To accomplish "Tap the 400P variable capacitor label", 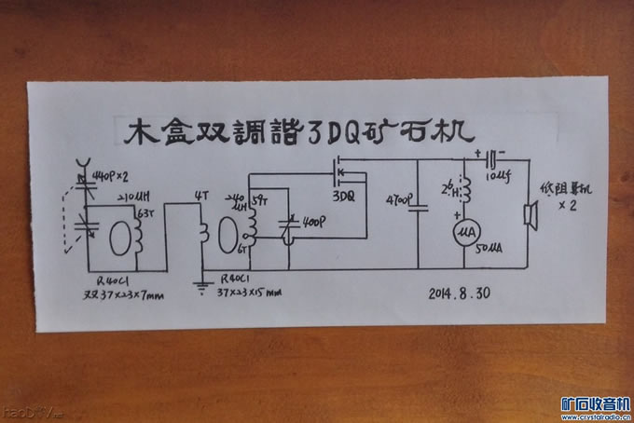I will click(x=312, y=225).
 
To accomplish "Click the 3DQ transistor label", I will click(x=346, y=198).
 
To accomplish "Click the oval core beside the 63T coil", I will click(x=119, y=236).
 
